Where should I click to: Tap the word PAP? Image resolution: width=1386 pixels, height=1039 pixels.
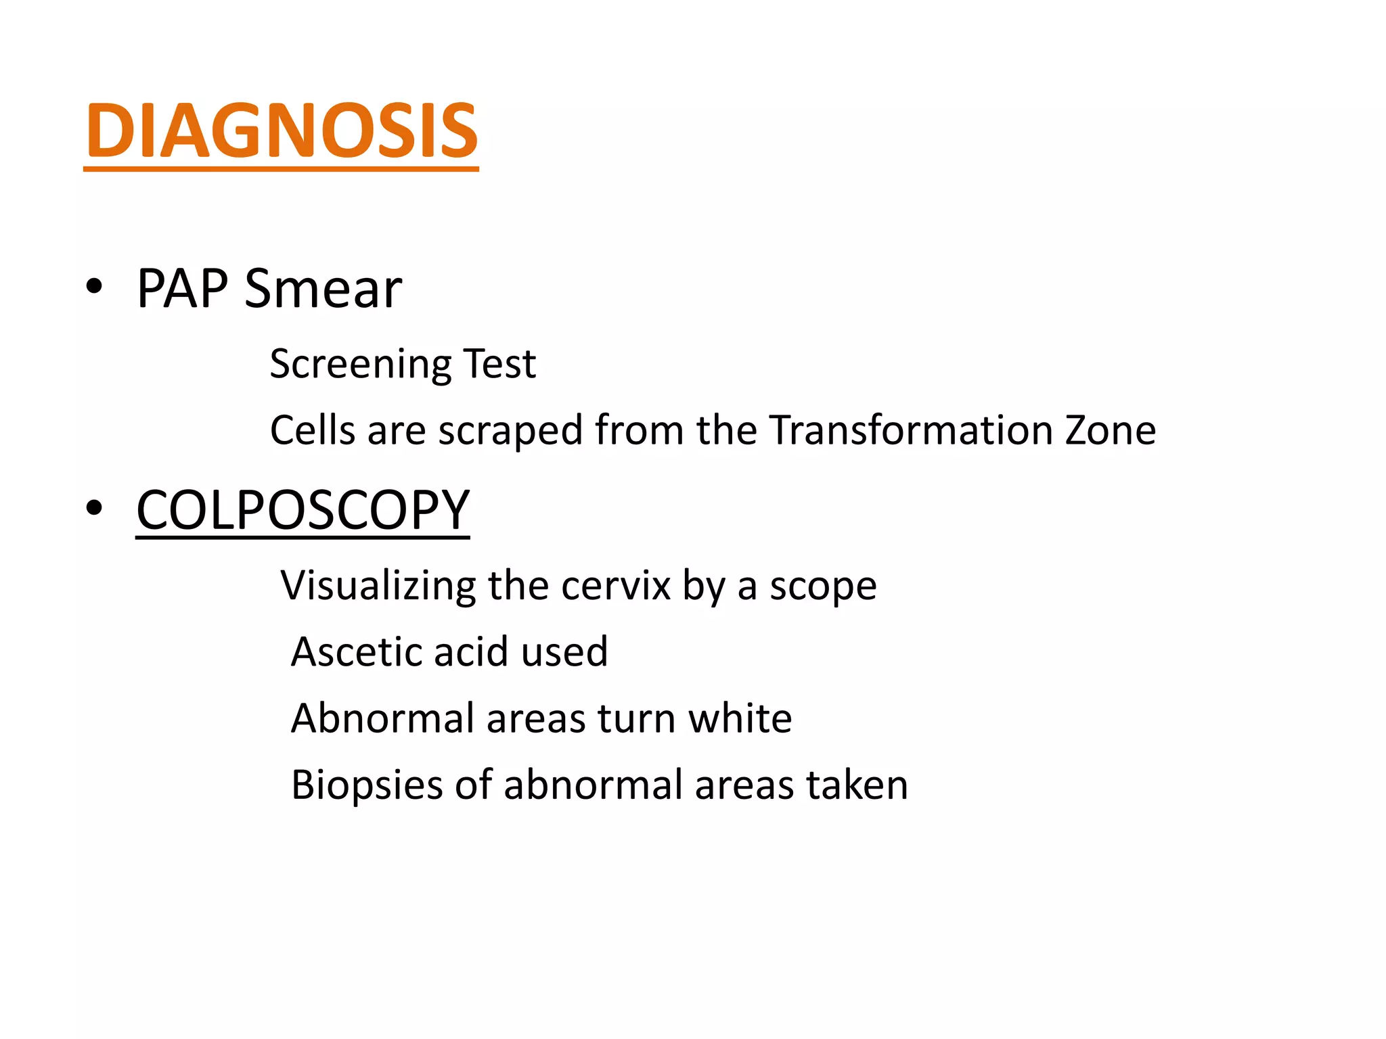point(182,289)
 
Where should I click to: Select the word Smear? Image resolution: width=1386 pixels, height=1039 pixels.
point(323,289)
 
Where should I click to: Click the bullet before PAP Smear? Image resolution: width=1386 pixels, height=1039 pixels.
point(94,287)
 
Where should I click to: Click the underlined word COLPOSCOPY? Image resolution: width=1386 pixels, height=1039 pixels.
point(303,510)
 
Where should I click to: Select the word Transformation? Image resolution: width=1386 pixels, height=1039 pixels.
point(910,430)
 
